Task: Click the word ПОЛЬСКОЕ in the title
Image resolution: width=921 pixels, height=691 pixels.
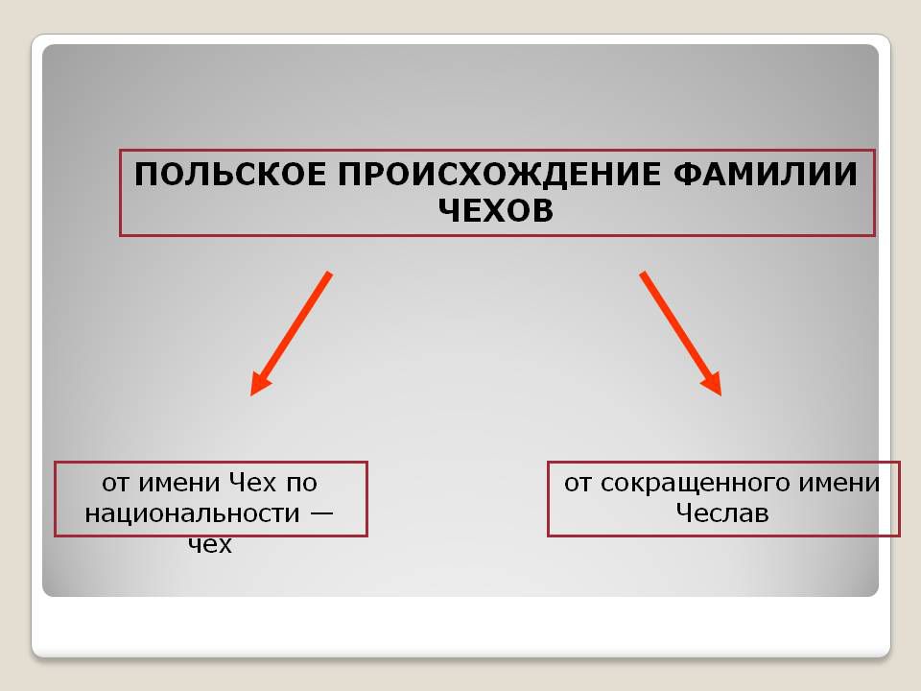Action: click(x=229, y=175)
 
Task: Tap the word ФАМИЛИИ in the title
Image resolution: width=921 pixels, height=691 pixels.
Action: click(x=766, y=175)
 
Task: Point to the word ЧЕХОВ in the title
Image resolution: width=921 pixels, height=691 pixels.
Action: click(x=496, y=210)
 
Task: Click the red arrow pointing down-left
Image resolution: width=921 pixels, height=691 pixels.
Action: click(x=292, y=334)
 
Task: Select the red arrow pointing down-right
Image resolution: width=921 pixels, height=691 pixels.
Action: click(x=681, y=334)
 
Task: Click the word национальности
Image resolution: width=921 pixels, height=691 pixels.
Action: click(x=193, y=514)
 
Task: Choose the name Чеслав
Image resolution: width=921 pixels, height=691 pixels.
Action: click(x=721, y=512)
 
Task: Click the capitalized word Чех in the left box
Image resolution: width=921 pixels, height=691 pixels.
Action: click(x=252, y=483)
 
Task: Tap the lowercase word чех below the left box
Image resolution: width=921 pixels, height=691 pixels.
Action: click(x=210, y=544)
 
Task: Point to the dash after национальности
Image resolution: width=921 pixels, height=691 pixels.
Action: click(x=321, y=512)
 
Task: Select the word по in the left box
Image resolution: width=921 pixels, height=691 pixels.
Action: click(x=302, y=484)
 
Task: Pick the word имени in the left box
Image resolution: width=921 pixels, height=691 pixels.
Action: click(x=178, y=484)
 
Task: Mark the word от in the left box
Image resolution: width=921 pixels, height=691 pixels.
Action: click(x=114, y=484)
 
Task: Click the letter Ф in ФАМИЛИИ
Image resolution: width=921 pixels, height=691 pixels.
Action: click(x=687, y=175)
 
